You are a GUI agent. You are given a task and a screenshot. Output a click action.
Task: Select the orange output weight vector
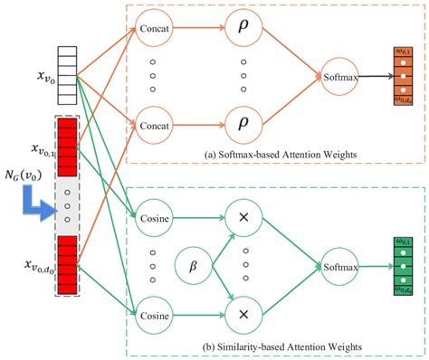pyautogui.click(x=404, y=77)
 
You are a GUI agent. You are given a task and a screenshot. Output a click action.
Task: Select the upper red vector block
pyautogui.click(x=72, y=143)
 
